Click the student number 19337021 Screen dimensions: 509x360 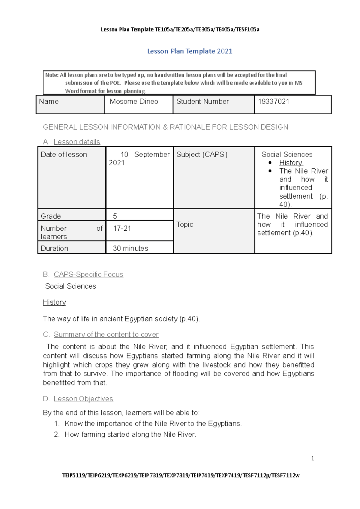pos(273,102)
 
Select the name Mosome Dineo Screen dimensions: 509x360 pos(134,102)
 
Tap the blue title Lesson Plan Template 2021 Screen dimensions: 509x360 pos(190,51)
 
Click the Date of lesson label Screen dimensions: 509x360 pos(64,154)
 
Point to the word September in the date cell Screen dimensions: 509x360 pos(152,154)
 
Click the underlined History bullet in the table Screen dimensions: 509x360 pos(291,163)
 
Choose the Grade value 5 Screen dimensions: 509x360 pos(115,216)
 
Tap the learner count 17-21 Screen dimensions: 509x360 pos(122,229)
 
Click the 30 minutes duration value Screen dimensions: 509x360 pos(130,248)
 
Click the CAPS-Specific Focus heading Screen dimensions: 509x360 pos(88,274)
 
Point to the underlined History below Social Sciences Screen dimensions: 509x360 pos(54,302)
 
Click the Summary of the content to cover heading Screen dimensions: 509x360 pos(106,334)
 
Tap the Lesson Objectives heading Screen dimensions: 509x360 pos(83,399)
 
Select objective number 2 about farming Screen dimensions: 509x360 pos(130,435)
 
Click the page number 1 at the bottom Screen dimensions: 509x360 pos(313,458)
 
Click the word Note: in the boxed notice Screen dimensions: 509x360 pos(52,75)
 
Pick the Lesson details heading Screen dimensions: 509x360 pos(77,142)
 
